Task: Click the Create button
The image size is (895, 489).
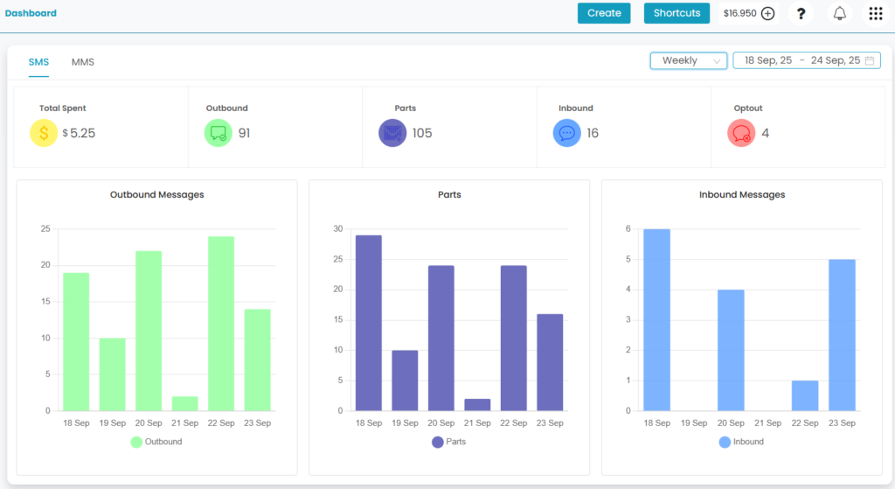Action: [604, 13]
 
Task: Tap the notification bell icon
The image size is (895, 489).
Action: [840, 13]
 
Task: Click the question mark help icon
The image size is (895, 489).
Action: [801, 13]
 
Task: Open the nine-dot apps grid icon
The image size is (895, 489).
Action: [875, 13]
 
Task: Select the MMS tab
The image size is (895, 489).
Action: [83, 62]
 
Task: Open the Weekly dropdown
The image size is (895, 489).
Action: [689, 60]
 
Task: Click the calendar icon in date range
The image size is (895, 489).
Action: [871, 60]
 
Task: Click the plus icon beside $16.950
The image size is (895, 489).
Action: [768, 13]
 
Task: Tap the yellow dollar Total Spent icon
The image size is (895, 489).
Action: [44, 133]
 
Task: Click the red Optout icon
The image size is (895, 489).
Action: [741, 133]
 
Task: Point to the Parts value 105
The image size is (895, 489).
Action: [422, 133]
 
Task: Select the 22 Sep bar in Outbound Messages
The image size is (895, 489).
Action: [221, 324]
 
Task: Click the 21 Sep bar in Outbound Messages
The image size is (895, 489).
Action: [184, 403]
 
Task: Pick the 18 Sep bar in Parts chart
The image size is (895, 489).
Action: [368, 323]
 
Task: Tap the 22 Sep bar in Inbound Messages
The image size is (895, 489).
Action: [805, 395]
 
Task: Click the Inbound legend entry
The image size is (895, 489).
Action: [741, 442]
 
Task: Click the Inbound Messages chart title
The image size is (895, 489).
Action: [742, 194]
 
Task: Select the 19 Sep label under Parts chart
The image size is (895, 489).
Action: [405, 423]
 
